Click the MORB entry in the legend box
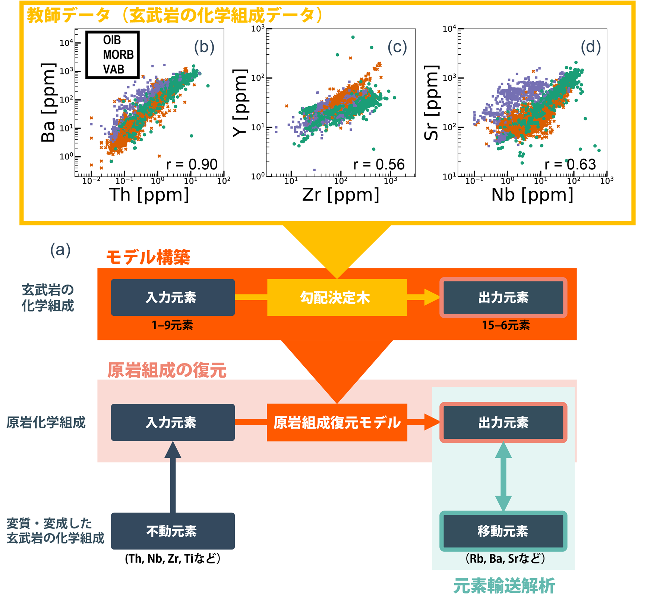[x=118, y=55]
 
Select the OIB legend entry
[x=112, y=40]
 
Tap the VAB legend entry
[x=114, y=69]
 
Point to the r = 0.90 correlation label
[x=192, y=164]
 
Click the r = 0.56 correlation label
[x=379, y=164]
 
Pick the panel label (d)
[x=591, y=47]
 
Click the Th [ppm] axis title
[x=149, y=195]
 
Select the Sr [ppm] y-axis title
[x=432, y=103]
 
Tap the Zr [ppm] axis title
[x=341, y=195]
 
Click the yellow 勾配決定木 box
[x=337, y=298]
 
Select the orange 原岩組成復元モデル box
[x=337, y=422]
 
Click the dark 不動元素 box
[x=173, y=531]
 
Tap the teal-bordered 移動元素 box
[x=503, y=531]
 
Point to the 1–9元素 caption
[x=172, y=325]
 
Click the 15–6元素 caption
[x=506, y=325]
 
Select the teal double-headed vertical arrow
[x=503, y=477]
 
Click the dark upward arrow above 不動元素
[x=173, y=477]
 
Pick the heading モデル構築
[x=148, y=257]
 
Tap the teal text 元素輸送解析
[x=504, y=586]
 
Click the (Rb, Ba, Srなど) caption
[x=505, y=559]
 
